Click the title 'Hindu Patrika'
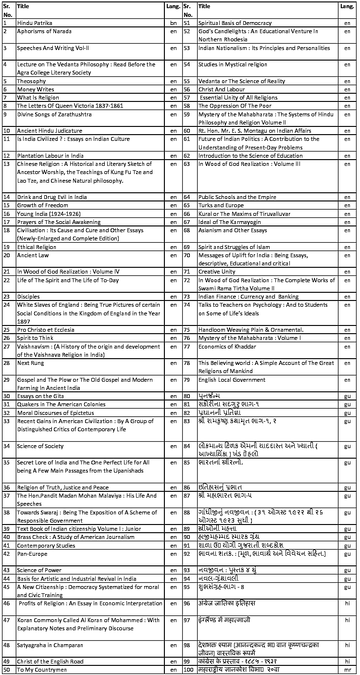point(35,23)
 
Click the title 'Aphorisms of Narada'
point(44,31)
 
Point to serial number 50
point(7,670)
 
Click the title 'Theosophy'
point(31,81)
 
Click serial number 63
point(187,164)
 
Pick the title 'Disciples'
point(28,297)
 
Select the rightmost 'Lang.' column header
point(347,7)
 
